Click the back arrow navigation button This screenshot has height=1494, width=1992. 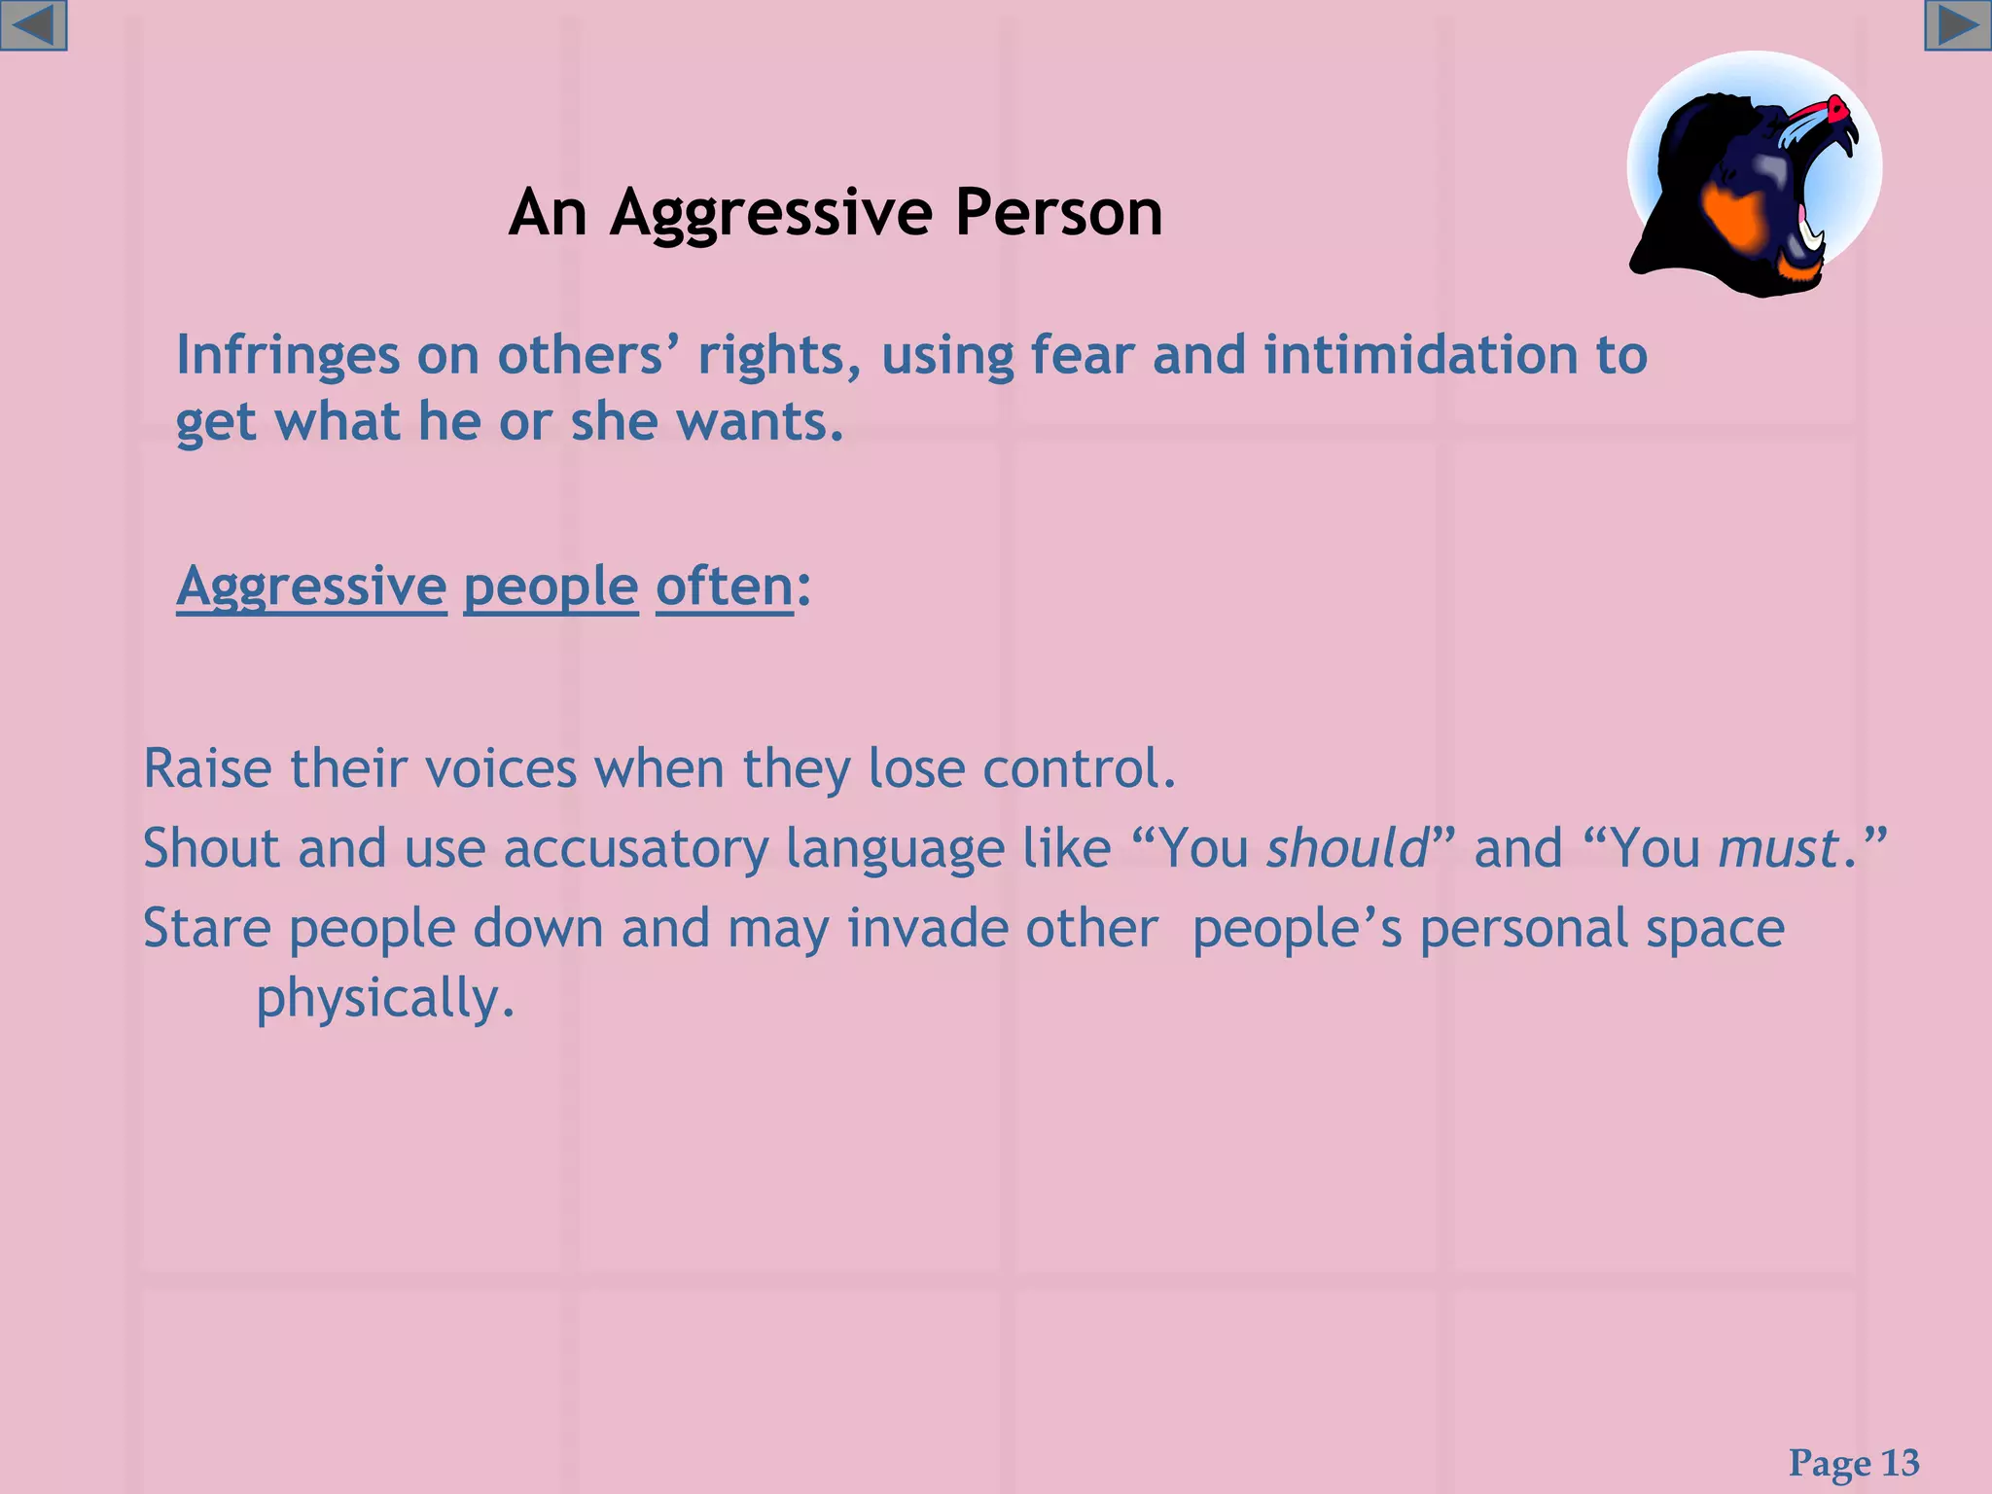(x=34, y=25)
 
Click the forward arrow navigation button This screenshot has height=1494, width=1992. (x=1957, y=25)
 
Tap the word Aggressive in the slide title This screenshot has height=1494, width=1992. (x=771, y=213)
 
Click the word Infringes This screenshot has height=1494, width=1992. (x=287, y=356)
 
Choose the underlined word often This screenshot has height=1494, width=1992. (x=725, y=587)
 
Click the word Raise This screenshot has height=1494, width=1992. (x=207, y=768)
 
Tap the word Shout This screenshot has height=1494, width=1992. (x=211, y=848)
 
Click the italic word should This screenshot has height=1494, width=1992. (x=1347, y=848)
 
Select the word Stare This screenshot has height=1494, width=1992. (x=206, y=928)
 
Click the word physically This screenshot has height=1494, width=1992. (x=384, y=1000)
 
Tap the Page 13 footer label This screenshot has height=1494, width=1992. (x=1854, y=1463)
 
